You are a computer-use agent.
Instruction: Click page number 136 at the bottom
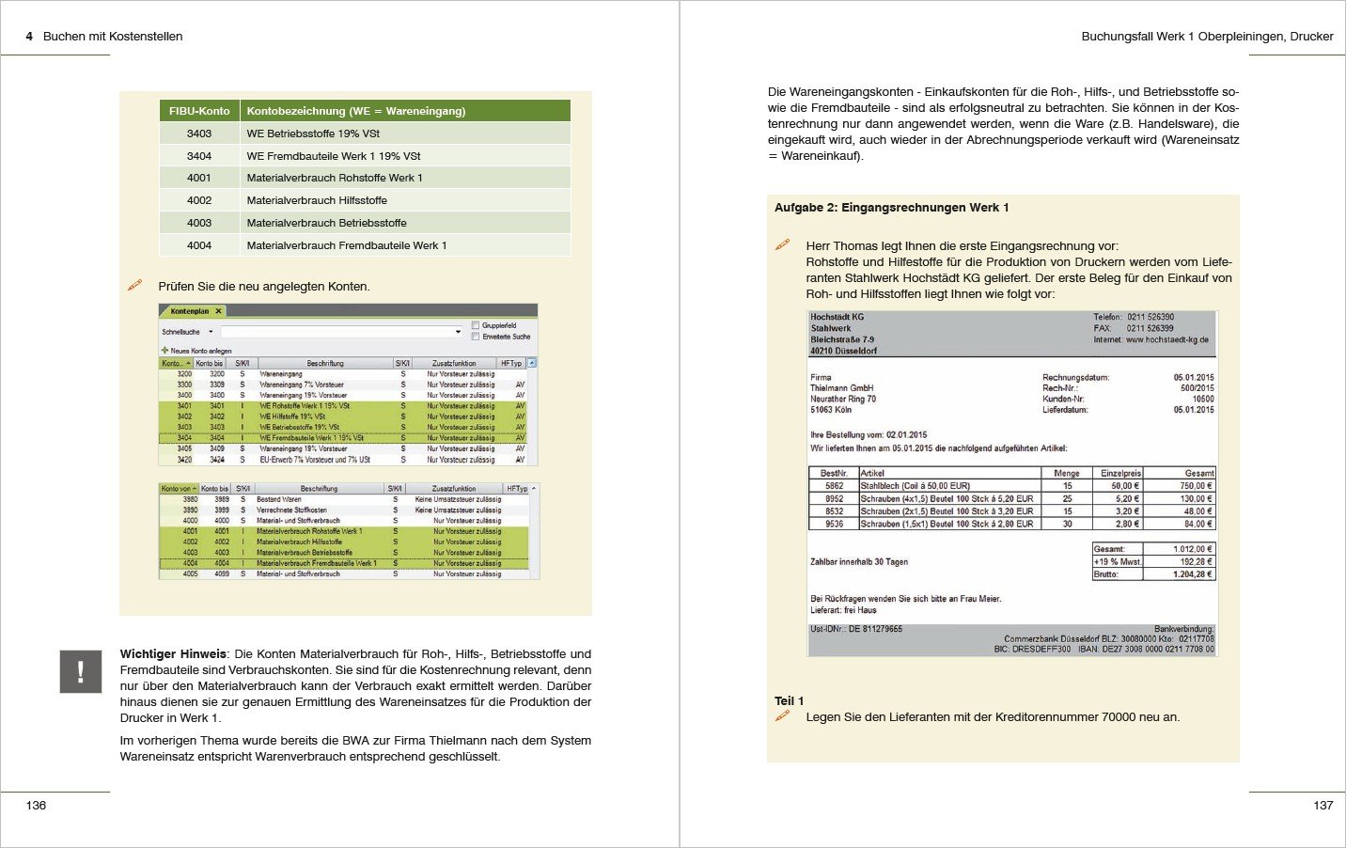pos(36,806)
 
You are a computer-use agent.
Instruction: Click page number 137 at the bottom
pos(1323,806)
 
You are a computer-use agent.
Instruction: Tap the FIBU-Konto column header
pos(199,111)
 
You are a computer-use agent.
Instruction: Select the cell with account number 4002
pos(199,200)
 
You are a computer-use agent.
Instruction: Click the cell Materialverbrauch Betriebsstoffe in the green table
pos(326,223)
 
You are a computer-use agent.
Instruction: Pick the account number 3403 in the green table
pos(199,133)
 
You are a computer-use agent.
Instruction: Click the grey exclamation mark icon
pos(81,671)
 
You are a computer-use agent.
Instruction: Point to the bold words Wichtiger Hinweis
pos(173,654)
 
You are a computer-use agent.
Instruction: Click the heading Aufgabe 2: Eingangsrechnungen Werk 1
pos(891,208)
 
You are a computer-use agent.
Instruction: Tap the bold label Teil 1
pos(789,701)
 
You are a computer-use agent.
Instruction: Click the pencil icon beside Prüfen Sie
pos(135,285)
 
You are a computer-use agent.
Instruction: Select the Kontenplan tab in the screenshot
pos(191,311)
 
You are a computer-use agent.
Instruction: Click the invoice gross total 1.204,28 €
pos(1192,573)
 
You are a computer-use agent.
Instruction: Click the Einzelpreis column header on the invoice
pos(1120,473)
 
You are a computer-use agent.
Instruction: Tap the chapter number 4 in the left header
pos(29,37)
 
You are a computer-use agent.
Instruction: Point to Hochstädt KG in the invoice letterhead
pos(837,318)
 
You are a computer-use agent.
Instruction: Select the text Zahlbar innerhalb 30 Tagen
pos(858,562)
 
